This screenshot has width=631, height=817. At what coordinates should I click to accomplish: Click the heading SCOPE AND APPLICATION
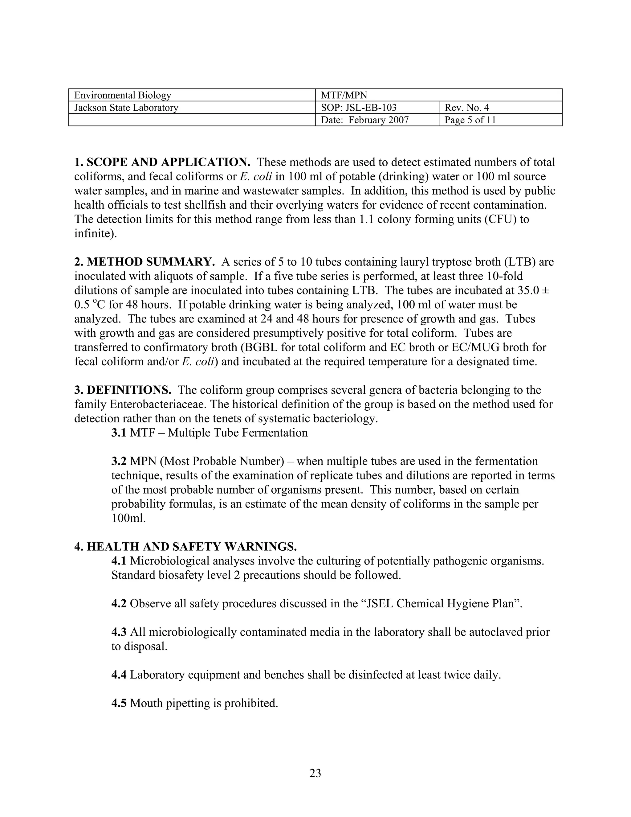point(168,162)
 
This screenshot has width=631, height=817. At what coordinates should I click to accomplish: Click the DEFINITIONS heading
point(129,390)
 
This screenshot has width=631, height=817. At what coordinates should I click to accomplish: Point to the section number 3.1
point(119,433)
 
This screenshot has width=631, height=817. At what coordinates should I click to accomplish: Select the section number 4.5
point(119,703)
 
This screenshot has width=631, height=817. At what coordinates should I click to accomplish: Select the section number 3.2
point(119,461)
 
